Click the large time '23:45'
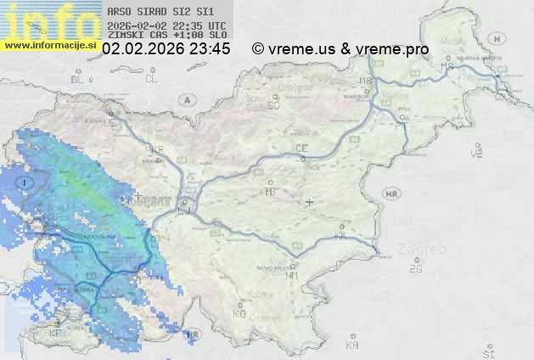[210, 49]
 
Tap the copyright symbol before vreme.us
[258, 49]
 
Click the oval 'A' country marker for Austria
[185, 99]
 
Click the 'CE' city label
[301, 149]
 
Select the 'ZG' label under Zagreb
[415, 269]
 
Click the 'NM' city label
[292, 275]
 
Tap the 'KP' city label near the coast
[56, 334]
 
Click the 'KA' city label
[352, 346]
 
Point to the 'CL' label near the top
[152, 79]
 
